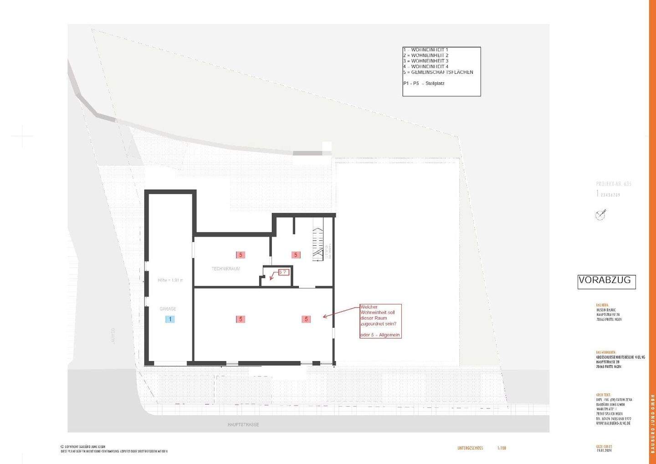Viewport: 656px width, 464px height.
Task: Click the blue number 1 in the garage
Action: tap(170, 319)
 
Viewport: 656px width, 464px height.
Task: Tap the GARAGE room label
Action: tap(168, 309)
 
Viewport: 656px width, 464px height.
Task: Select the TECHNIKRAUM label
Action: tap(225, 269)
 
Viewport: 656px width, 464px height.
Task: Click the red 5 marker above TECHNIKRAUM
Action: tap(241, 255)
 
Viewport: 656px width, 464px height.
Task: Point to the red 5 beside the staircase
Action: tap(296, 255)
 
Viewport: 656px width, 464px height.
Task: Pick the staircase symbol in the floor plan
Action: tap(318, 244)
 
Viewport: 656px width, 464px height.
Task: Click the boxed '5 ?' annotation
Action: tap(283, 272)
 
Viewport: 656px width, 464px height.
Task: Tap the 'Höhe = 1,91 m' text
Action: tap(170, 280)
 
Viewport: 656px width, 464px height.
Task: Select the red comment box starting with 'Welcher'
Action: tap(380, 321)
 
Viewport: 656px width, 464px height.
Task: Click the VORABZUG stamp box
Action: tap(606, 281)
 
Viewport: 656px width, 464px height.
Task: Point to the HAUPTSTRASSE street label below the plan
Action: tap(243, 425)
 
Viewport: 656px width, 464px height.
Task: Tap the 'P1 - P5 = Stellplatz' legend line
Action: tap(424, 84)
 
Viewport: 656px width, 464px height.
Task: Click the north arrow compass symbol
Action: tap(601, 215)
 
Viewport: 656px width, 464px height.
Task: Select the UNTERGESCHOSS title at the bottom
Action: tap(470, 449)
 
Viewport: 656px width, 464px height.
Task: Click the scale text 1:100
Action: tap(501, 449)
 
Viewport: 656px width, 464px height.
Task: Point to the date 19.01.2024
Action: tap(604, 451)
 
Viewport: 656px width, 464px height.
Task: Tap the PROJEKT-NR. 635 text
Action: tap(614, 184)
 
